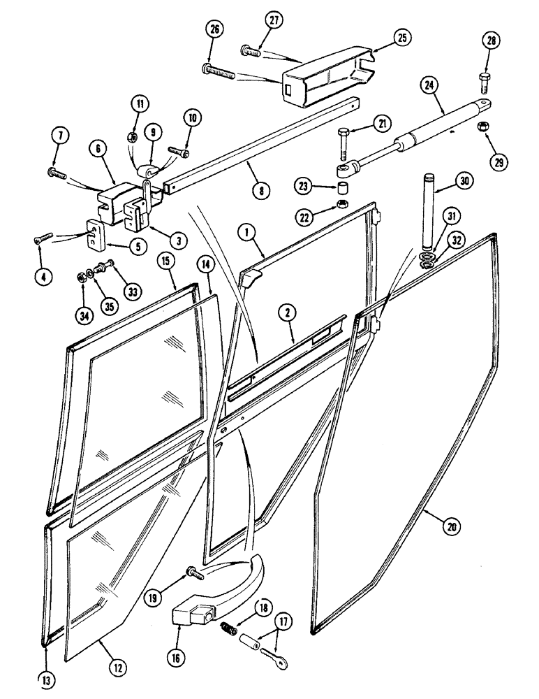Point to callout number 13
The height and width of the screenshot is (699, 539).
pyautogui.click(x=47, y=677)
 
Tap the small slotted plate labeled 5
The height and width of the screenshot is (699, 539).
pyautogui.click(x=96, y=234)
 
